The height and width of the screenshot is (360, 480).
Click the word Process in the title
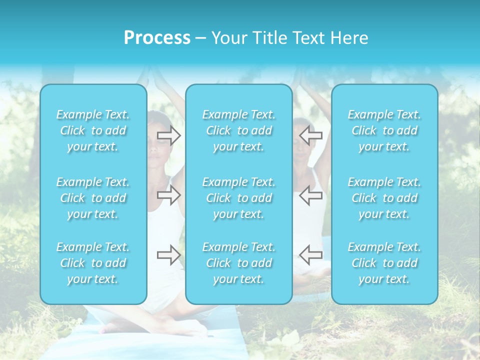(157, 38)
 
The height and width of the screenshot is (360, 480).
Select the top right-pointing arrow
(169, 135)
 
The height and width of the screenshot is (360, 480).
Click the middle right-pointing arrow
(169, 195)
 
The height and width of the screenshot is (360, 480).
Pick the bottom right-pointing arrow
(169, 255)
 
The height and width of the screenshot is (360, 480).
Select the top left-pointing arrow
(310, 135)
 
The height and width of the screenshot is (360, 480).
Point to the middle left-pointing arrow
(310, 195)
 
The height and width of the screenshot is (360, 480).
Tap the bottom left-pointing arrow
(310, 255)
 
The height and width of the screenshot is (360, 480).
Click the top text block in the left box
(93, 130)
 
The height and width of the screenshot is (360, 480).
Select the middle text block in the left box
(93, 198)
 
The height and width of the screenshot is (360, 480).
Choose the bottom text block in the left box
(93, 263)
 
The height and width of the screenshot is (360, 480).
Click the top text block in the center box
(239, 130)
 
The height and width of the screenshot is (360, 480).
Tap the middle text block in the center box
(239, 198)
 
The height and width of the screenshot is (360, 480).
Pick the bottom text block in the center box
(239, 263)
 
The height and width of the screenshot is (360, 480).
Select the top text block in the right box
(384, 130)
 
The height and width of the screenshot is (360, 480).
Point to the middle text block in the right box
(384, 198)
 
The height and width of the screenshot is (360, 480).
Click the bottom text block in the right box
(384, 263)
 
